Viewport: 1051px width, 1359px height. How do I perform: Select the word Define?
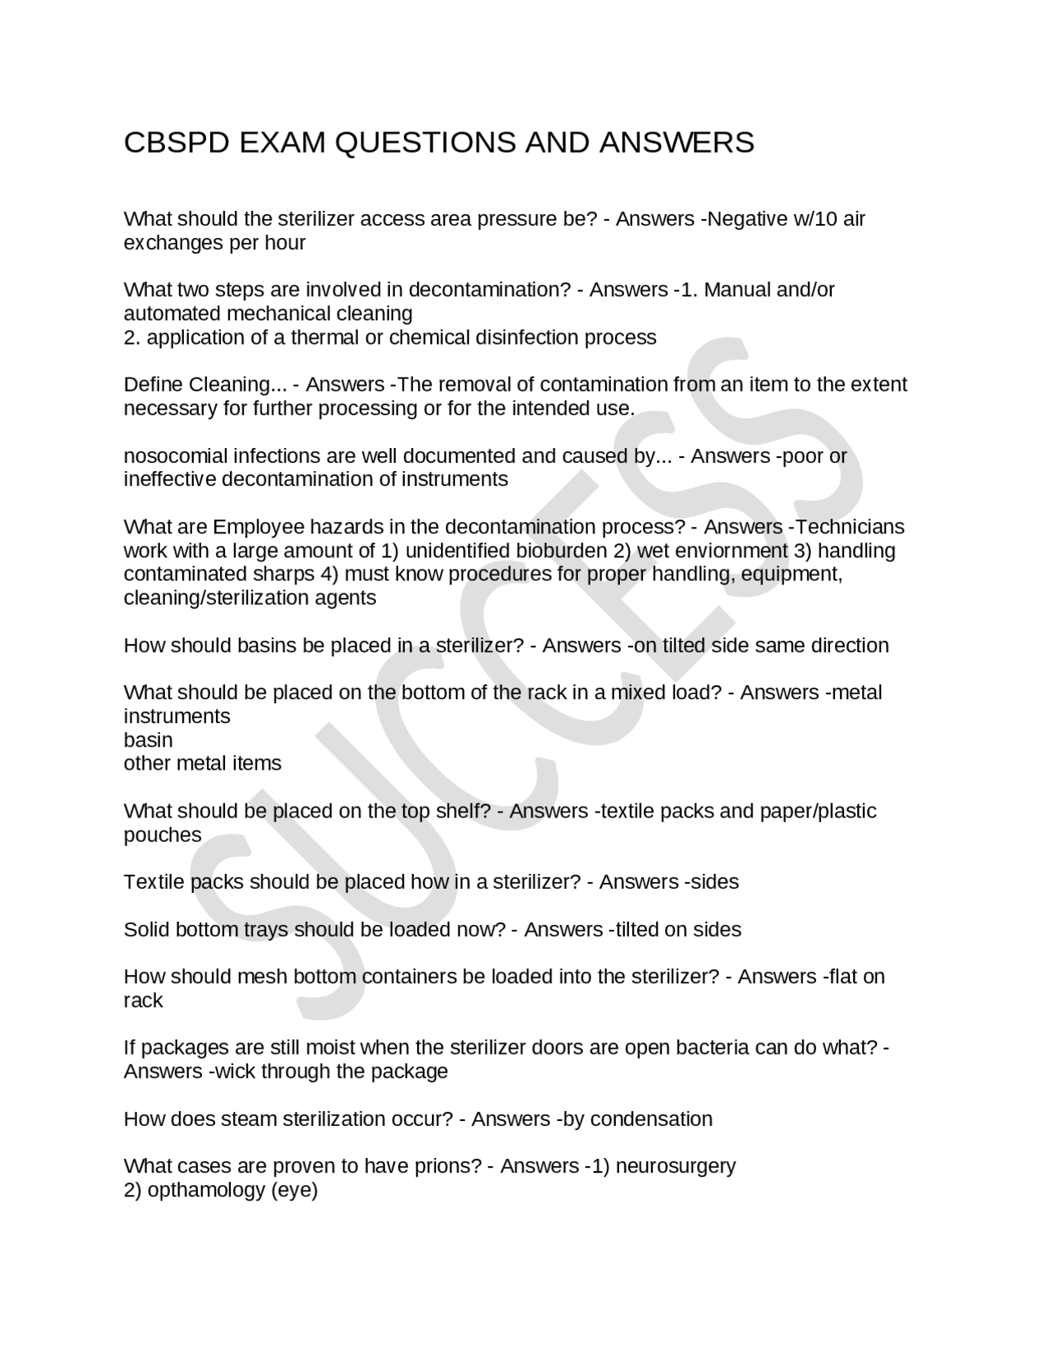coord(154,385)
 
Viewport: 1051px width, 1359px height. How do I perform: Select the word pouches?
coord(163,835)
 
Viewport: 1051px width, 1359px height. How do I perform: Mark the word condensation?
coord(651,1119)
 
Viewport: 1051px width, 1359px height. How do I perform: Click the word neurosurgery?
coord(676,1166)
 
